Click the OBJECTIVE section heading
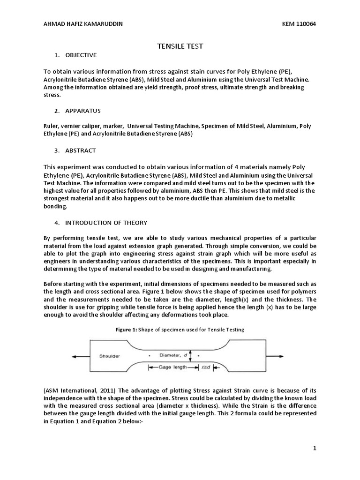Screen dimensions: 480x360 click(x=80, y=55)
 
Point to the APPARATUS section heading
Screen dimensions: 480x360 click(x=82, y=111)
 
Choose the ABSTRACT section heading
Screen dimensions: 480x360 click(x=80, y=150)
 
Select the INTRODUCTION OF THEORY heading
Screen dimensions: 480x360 click(x=105, y=222)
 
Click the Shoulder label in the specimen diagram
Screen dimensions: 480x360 click(x=109, y=356)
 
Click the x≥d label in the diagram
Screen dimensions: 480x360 click(x=206, y=367)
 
